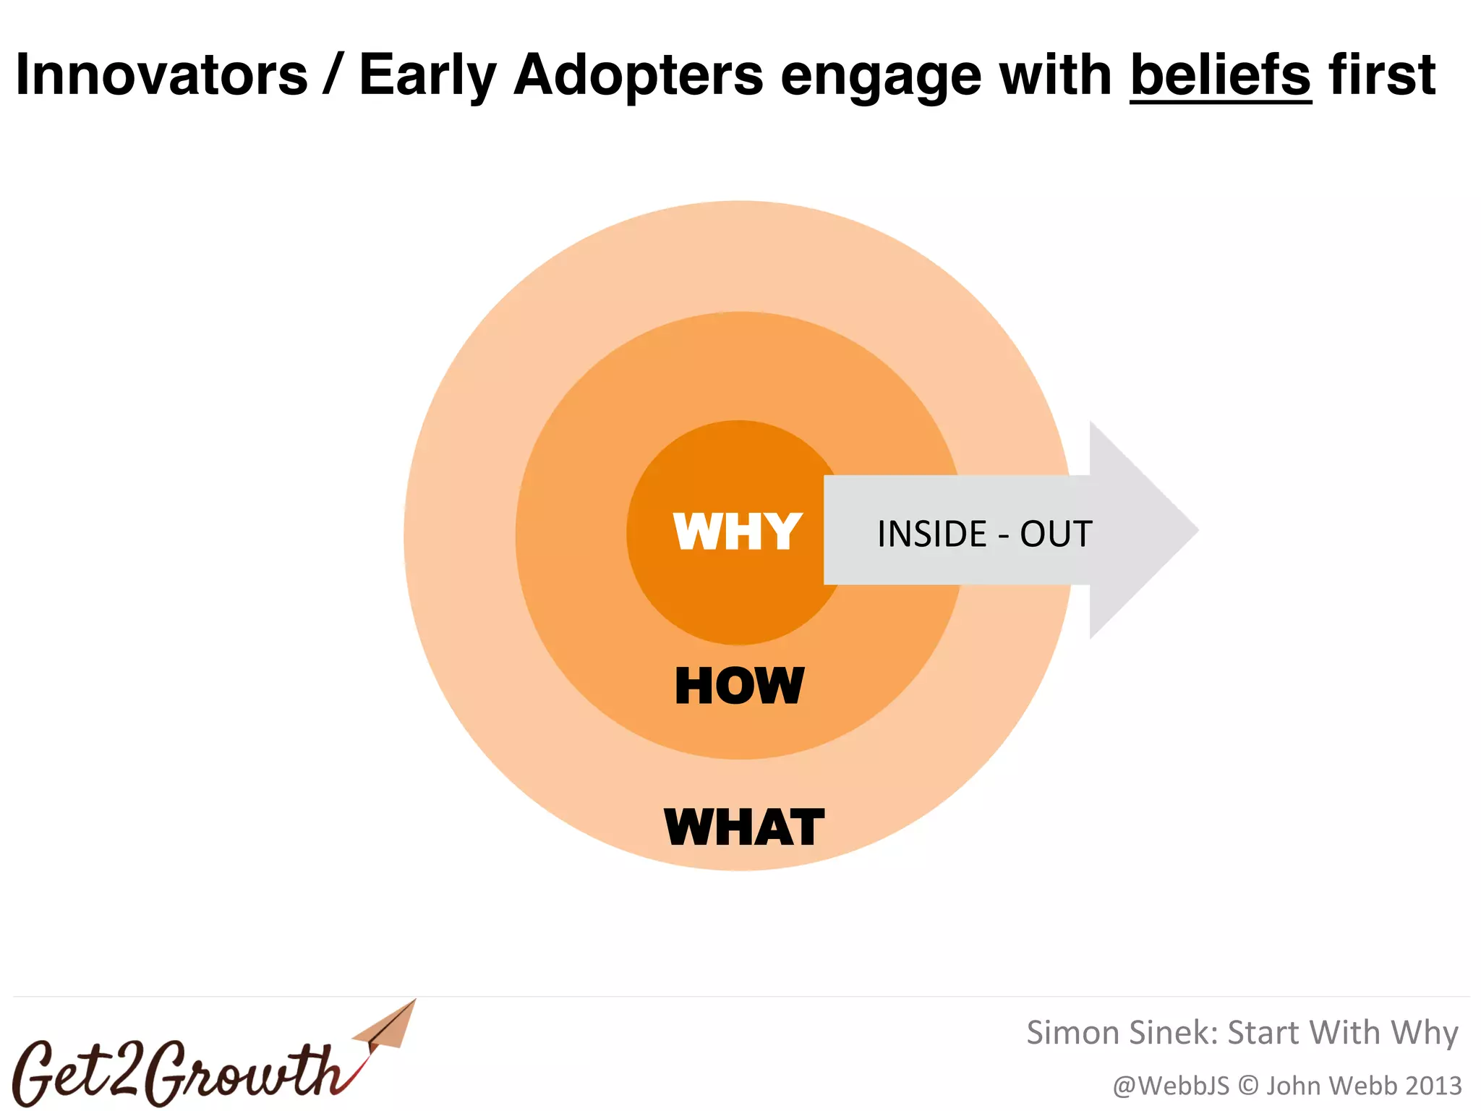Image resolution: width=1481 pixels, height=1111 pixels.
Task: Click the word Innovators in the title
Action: (x=161, y=75)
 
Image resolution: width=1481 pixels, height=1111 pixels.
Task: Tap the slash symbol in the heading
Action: (x=333, y=75)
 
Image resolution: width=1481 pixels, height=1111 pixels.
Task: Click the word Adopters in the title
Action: (x=638, y=76)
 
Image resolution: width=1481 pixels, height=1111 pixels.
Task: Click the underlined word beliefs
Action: (x=1220, y=75)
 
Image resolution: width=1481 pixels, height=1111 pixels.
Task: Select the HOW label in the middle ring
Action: (x=738, y=686)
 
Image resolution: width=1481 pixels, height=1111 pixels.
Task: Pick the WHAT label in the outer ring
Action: (x=743, y=827)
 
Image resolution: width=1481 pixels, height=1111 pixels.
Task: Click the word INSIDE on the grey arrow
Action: (x=931, y=535)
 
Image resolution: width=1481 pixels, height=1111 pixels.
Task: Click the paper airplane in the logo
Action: (x=387, y=1027)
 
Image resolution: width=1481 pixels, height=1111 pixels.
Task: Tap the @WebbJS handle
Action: (x=1171, y=1086)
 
